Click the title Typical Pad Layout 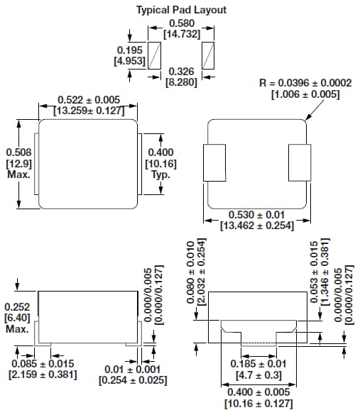(x=180, y=10)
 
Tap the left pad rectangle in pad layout (x=158, y=55)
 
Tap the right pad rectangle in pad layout (x=208, y=55)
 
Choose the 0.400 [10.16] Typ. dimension (x=160, y=162)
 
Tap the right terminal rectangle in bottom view (x=298, y=162)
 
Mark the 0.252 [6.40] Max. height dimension (x=18, y=317)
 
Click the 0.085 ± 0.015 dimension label (x=43, y=370)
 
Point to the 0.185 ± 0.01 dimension (x=257, y=368)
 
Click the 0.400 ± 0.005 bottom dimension (x=257, y=398)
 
